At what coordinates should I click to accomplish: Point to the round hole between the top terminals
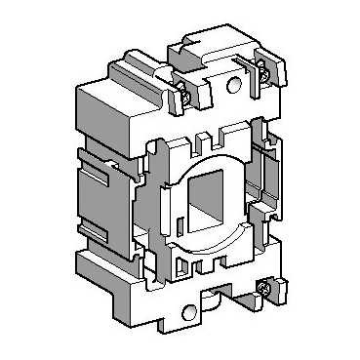232,85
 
